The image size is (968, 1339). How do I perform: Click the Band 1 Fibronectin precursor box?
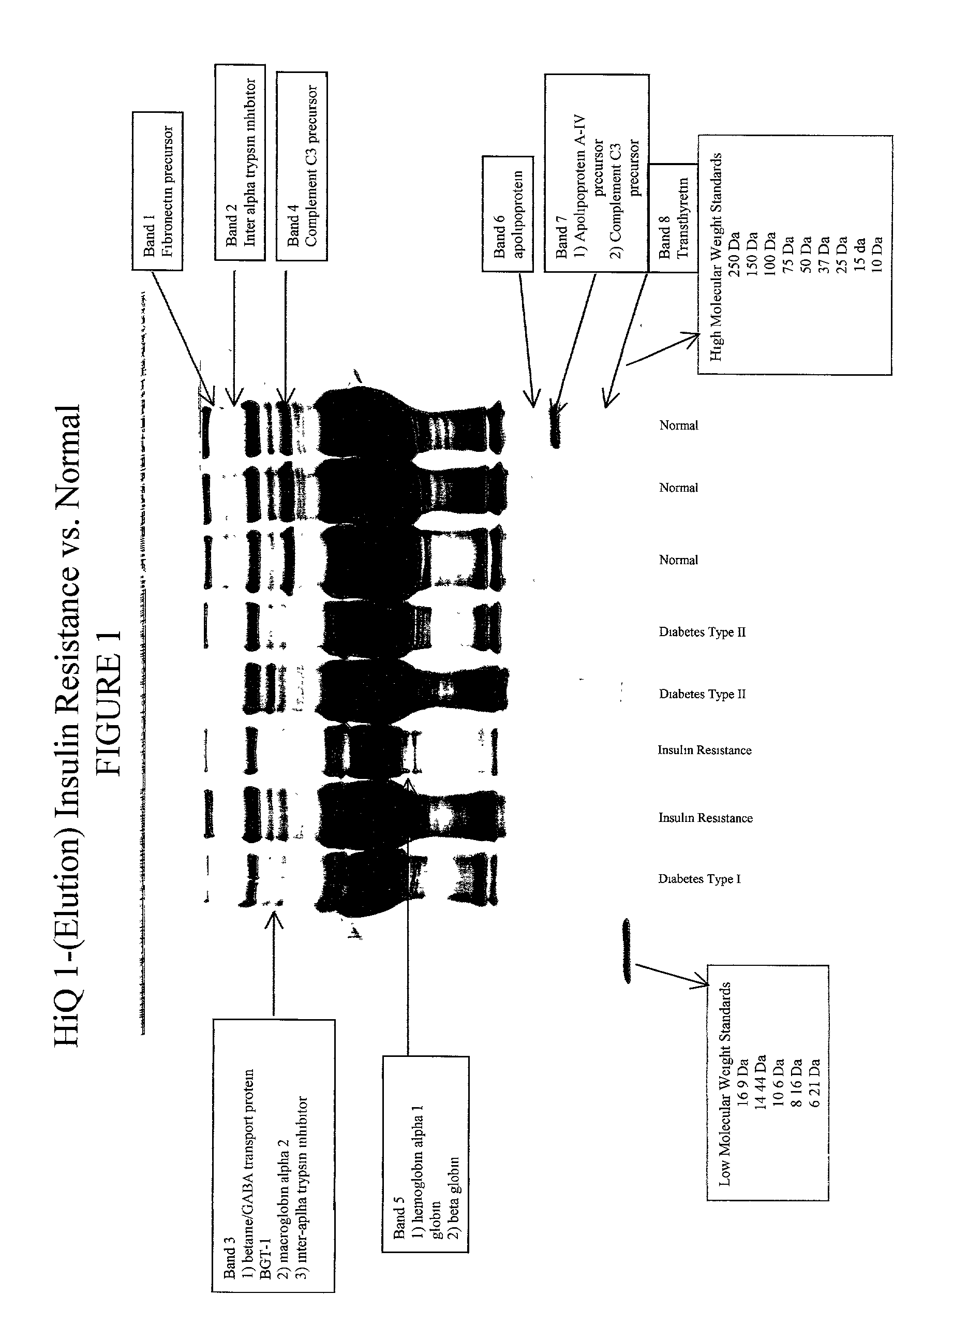[x=157, y=190]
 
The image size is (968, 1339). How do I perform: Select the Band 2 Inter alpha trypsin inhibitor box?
[x=240, y=163]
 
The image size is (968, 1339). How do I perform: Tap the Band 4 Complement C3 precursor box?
[x=302, y=166]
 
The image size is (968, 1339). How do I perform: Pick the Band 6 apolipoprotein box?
[x=508, y=214]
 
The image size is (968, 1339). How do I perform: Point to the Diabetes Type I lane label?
[x=699, y=879]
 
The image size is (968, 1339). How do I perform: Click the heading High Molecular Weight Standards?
[x=716, y=256]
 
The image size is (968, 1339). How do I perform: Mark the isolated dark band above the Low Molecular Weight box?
[x=627, y=950]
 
